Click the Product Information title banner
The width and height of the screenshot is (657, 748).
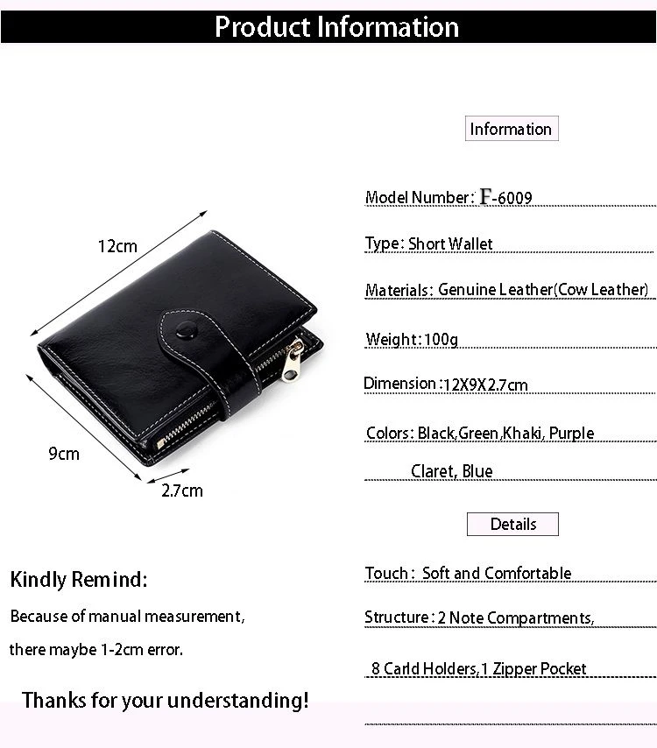pyautogui.click(x=336, y=26)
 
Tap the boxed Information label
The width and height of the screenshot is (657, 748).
pyautogui.click(x=511, y=130)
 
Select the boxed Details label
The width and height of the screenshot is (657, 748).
pyautogui.click(x=512, y=525)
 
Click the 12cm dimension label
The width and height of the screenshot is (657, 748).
pyautogui.click(x=117, y=247)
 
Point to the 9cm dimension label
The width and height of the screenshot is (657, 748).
pyautogui.click(x=64, y=454)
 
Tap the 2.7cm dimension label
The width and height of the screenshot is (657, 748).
pyautogui.click(x=181, y=490)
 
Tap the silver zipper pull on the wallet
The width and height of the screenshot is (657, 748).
pyautogui.click(x=296, y=351)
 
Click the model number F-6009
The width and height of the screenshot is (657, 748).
pyautogui.click(x=505, y=198)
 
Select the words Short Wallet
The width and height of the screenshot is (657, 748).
pyautogui.click(x=450, y=244)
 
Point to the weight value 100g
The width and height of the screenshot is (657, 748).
pyautogui.click(x=441, y=339)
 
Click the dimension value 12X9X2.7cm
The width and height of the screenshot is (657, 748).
pyautogui.click(x=485, y=385)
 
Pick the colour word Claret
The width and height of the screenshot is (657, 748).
pyautogui.click(x=433, y=471)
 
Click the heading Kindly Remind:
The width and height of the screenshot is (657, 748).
pyautogui.click(x=79, y=580)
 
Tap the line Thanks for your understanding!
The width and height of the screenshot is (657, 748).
pyautogui.click(x=166, y=701)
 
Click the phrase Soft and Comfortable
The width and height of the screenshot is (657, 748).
pyautogui.click(x=497, y=574)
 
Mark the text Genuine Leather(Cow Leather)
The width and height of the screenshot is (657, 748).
pyautogui.click(x=543, y=290)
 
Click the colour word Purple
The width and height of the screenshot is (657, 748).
pyautogui.click(x=572, y=434)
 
